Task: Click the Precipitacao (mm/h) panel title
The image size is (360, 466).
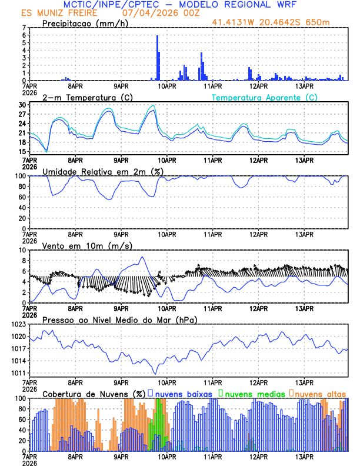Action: tap(85, 23)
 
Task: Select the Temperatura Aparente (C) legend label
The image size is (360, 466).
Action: tap(264, 97)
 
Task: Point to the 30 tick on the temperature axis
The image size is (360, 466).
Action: tap(22, 105)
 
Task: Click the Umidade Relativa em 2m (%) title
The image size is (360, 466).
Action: tap(102, 171)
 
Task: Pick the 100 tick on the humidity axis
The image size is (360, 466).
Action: tap(19, 176)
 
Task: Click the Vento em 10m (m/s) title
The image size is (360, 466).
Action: tap(79, 245)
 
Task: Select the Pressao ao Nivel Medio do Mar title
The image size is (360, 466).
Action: tap(119, 319)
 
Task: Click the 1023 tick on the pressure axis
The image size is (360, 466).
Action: tap(18, 324)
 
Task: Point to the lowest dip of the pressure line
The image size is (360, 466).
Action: tap(155, 374)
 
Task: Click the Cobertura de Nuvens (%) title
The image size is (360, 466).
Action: tap(94, 393)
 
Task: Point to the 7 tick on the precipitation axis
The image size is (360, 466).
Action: tap(24, 28)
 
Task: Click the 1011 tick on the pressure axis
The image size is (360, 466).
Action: tap(18, 373)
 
